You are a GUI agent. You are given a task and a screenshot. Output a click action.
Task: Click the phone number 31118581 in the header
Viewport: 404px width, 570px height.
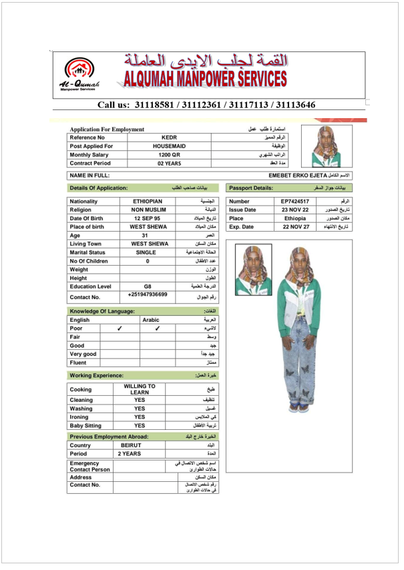click(x=153, y=105)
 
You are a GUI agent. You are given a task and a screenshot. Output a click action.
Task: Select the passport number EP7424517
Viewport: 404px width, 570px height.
click(x=294, y=201)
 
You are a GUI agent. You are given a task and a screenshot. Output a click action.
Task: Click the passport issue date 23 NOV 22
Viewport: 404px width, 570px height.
click(x=294, y=210)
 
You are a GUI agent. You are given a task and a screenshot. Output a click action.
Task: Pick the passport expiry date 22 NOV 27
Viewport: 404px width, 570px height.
click(x=294, y=227)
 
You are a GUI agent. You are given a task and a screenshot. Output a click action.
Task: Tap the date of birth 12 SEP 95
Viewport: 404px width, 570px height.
click(x=147, y=218)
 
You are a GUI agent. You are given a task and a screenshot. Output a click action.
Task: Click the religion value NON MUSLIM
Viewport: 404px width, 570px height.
click(x=148, y=210)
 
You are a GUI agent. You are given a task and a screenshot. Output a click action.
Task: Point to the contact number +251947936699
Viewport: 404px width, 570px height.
click(x=148, y=294)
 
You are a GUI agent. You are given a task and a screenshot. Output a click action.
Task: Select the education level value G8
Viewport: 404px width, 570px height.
click(x=148, y=286)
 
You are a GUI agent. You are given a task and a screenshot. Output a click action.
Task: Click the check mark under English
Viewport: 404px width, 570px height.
click(x=120, y=328)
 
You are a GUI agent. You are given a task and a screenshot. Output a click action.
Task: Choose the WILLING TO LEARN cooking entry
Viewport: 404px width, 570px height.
click(x=140, y=389)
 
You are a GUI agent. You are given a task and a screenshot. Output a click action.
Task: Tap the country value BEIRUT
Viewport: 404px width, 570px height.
click(x=131, y=445)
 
